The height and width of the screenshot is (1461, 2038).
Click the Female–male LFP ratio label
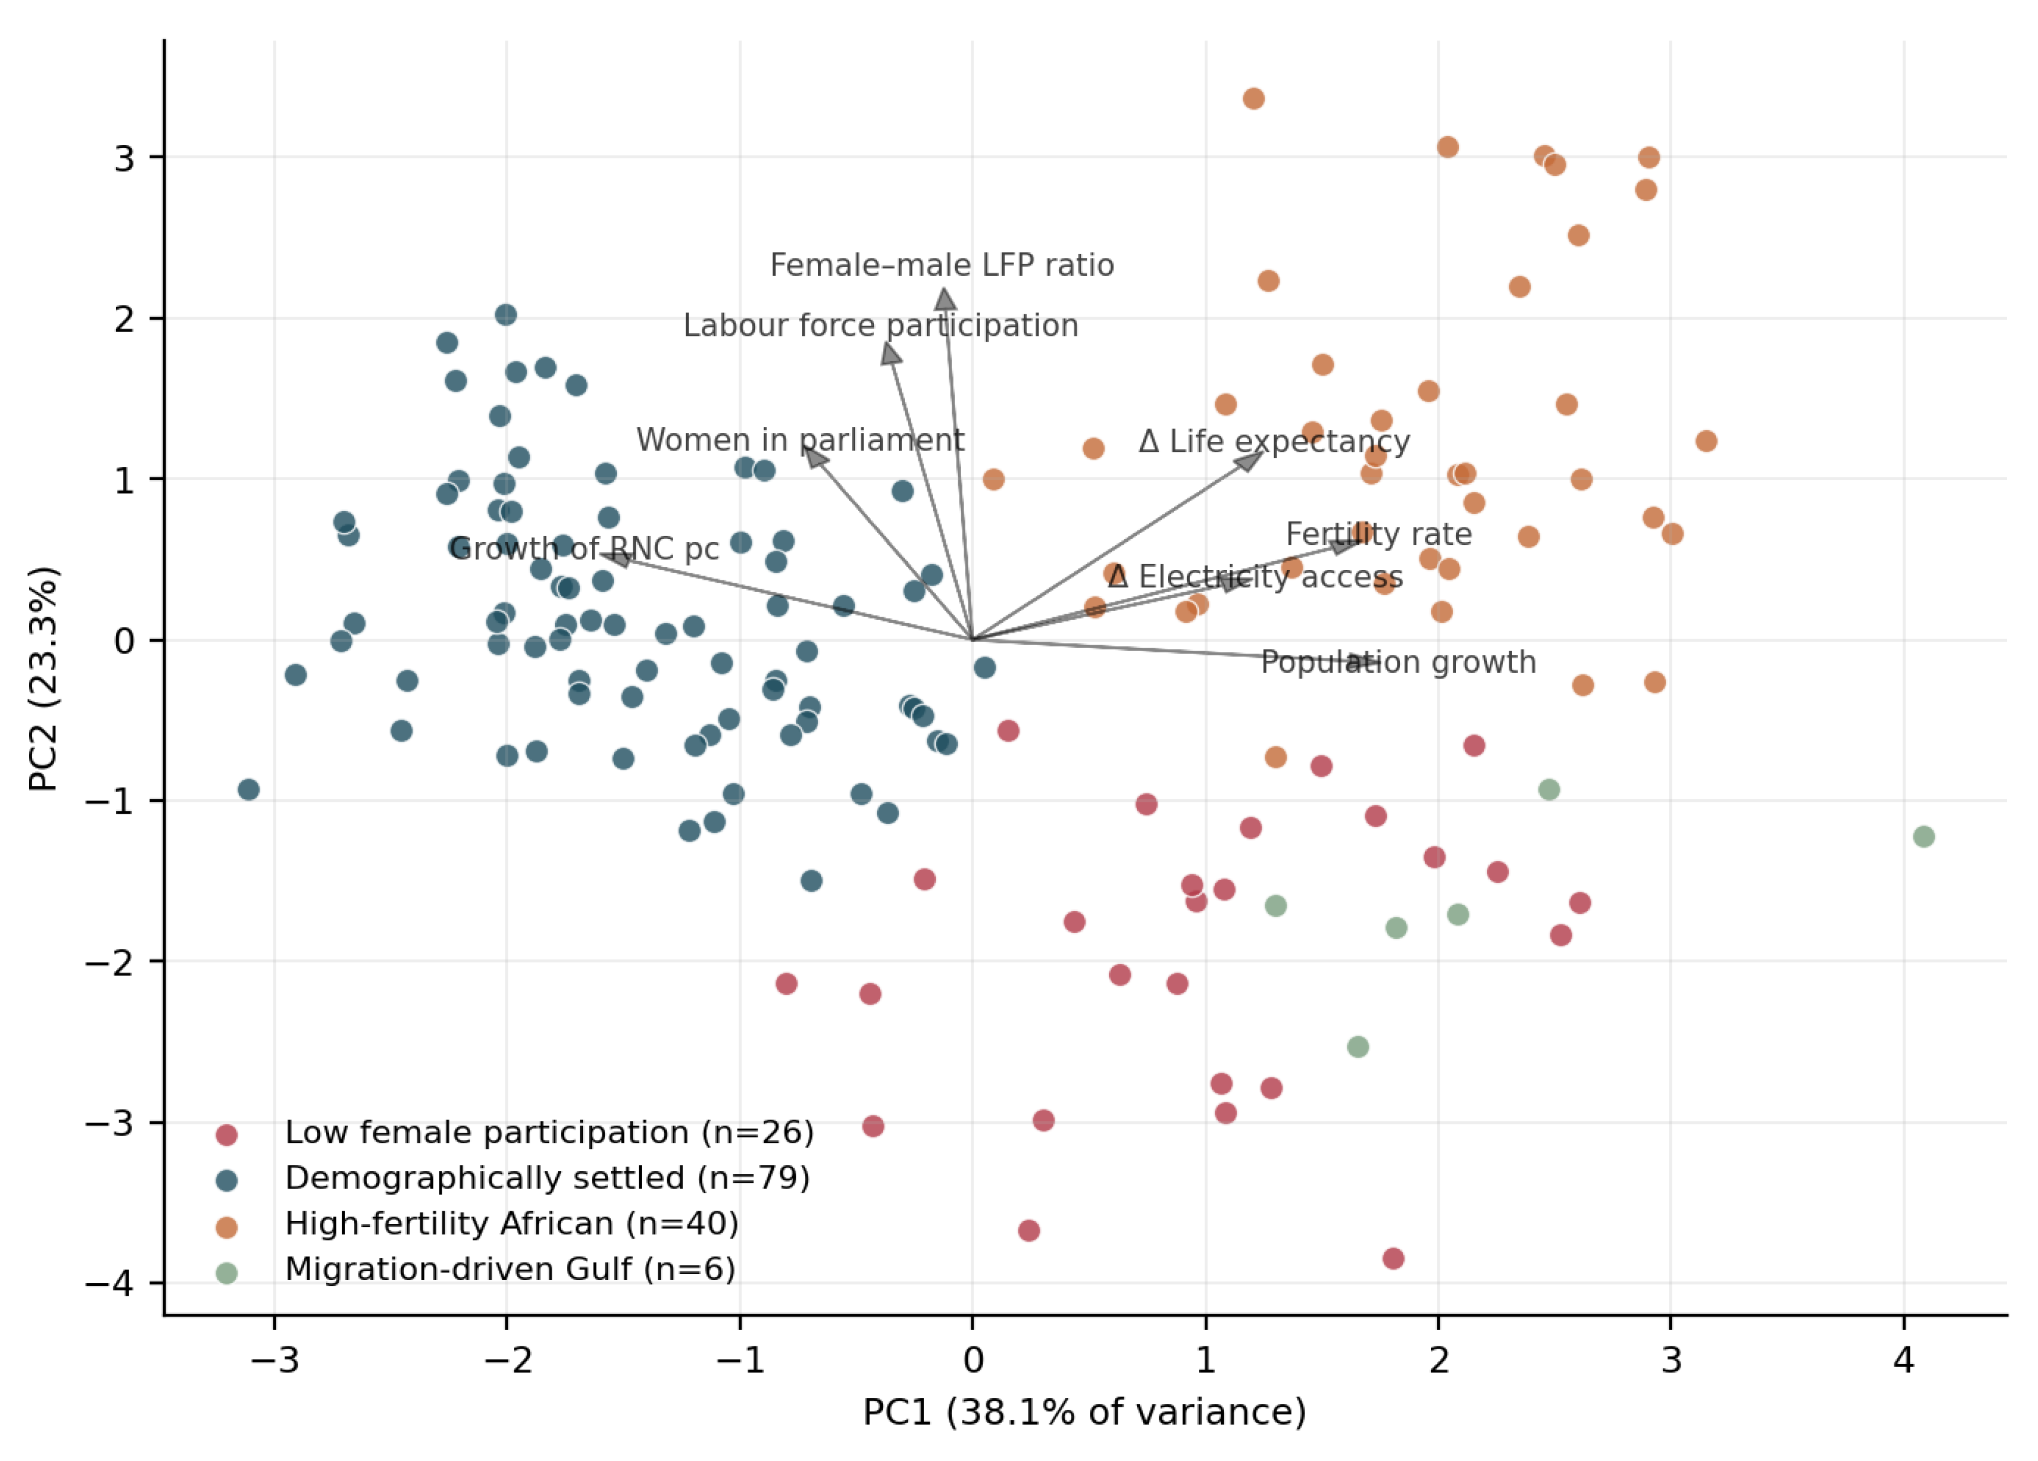pos(942,266)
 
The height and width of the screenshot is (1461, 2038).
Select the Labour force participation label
pos(880,326)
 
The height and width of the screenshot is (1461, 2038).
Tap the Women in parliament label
pos(800,440)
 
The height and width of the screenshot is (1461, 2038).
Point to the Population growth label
pos(1398,663)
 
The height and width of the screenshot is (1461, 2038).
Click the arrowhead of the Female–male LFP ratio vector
pos(945,298)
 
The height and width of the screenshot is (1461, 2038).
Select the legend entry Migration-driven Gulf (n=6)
pos(476,1269)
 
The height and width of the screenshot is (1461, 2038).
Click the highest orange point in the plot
pos(1254,99)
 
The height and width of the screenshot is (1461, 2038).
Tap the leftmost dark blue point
pos(249,790)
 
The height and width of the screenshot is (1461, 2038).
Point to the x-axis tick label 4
pos(1903,1360)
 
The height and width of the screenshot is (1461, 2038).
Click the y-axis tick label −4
pos(109,1283)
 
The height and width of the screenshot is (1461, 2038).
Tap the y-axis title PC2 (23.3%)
pos(43,678)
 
